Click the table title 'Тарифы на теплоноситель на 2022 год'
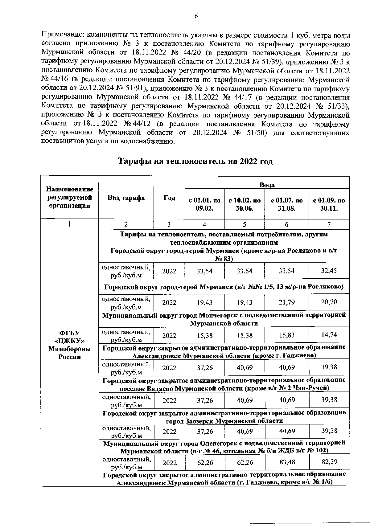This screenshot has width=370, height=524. pos(196,161)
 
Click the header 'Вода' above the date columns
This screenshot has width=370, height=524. pos(267,185)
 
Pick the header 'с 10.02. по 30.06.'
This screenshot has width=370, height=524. pos(245,204)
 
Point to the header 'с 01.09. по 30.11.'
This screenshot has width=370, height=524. pos(329,204)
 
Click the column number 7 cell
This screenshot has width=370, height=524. pos(329,224)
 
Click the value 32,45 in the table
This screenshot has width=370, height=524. pos(329,271)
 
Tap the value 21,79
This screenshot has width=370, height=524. pos(287,302)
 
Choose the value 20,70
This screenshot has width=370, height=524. pos(329,302)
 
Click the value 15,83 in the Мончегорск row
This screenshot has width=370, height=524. pos(287,335)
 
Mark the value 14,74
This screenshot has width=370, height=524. pos(329,335)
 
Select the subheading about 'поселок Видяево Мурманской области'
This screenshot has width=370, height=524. pos(224,388)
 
